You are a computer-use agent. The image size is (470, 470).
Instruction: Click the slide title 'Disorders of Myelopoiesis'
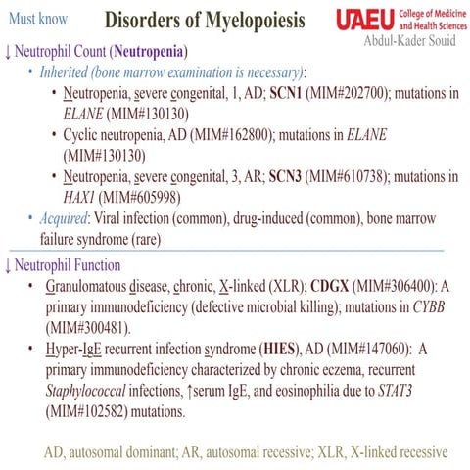click(x=204, y=20)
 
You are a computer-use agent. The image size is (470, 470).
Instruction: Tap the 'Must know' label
click(x=37, y=18)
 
